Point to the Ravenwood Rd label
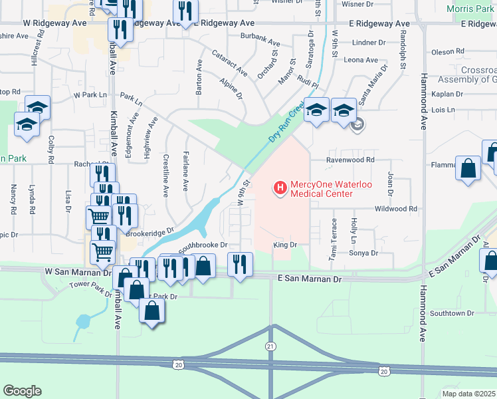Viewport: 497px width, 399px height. click(351, 160)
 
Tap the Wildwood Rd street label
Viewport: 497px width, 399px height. click(395, 209)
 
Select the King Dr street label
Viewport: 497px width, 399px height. click(284, 245)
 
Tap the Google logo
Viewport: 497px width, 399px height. click(23, 391)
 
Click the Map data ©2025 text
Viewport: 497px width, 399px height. click(468, 394)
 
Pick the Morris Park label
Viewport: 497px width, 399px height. click(470, 9)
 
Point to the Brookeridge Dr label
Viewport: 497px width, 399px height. click(149, 232)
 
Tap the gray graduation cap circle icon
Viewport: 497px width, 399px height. click(357, 124)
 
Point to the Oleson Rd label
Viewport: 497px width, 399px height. click(447, 52)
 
